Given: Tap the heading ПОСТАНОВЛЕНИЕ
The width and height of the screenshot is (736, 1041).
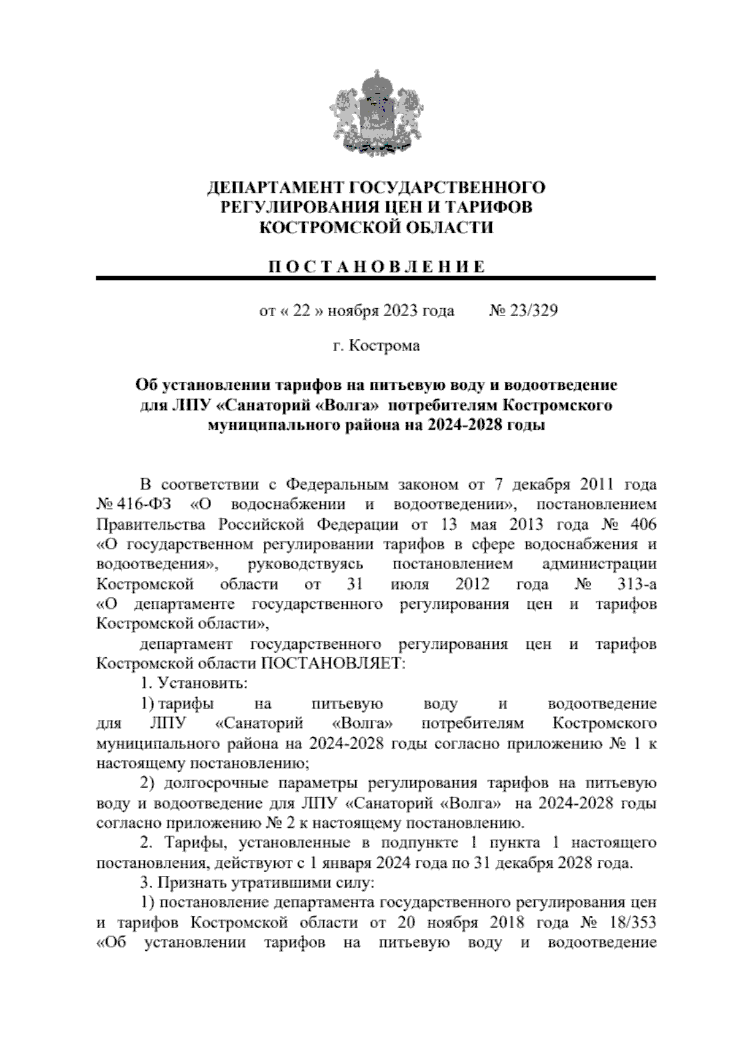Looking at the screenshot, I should point(376,266).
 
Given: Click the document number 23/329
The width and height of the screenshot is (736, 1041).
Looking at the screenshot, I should point(532,311).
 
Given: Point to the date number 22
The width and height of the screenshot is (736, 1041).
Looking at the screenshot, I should point(301,311).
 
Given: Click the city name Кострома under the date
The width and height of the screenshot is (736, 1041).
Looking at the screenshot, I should point(384,346).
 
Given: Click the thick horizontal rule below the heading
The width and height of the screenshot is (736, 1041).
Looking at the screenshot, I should point(375,279).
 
